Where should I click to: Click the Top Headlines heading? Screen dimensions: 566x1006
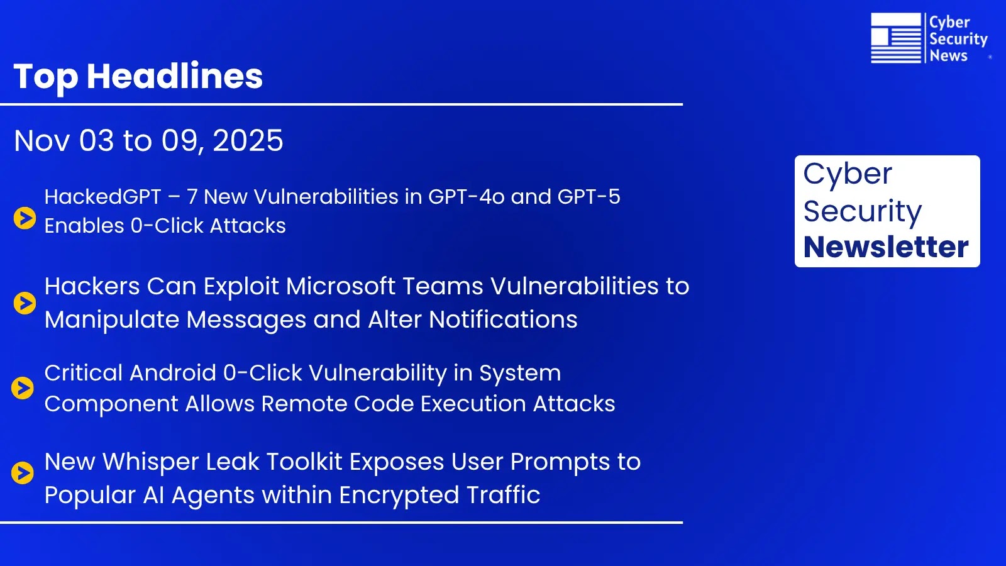138,76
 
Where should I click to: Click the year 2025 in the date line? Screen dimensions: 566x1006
248,140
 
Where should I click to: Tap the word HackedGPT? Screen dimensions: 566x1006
102,197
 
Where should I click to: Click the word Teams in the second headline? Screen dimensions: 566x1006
443,286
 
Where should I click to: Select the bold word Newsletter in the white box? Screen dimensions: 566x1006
886,247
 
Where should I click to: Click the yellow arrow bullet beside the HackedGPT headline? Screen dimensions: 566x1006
25,218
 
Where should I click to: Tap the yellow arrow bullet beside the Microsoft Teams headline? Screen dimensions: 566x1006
25,302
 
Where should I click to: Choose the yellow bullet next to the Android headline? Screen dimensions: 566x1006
23,388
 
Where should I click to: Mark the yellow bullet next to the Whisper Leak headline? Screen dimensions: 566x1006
23,472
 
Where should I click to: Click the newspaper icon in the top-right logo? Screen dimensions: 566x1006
895,38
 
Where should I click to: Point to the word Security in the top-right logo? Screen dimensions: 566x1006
958,39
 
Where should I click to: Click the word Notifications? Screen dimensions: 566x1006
503,319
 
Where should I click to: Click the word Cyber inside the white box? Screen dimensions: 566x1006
847,174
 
